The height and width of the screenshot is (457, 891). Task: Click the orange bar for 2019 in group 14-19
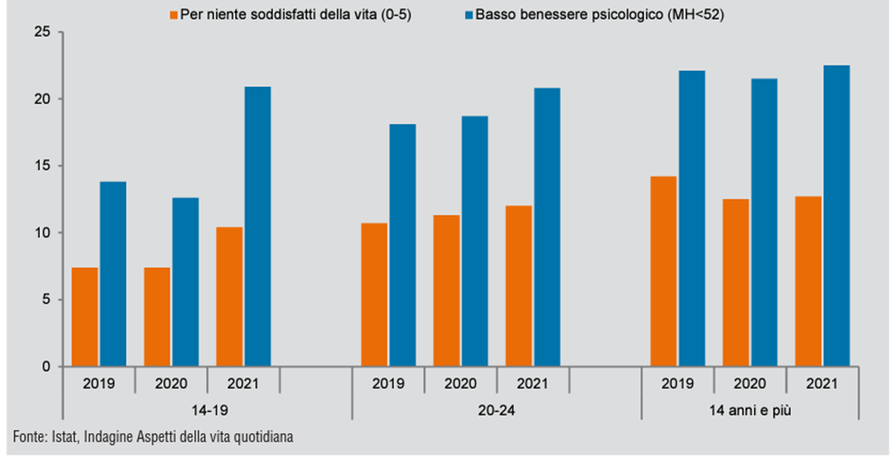pos(84,317)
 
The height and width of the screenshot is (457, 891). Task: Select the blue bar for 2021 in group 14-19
pos(257,226)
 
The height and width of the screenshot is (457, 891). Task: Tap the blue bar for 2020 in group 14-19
pos(185,281)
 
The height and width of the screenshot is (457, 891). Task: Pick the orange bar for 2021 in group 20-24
pos(518,286)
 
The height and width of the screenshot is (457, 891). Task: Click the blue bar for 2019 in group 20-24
pos(402,245)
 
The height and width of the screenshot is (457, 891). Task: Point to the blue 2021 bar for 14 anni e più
pos(836,216)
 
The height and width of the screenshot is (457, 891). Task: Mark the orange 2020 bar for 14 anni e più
pos(736,282)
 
